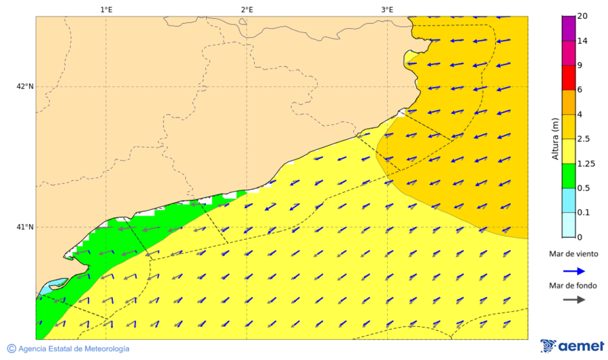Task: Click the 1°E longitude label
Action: click(x=106, y=9)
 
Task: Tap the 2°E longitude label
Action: click(x=247, y=9)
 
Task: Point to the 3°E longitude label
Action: click(x=387, y=9)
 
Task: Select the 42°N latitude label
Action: click(x=25, y=86)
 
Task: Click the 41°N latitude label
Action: click(x=25, y=227)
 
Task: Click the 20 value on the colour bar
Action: click(x=582, y=17)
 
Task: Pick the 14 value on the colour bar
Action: click(x=582, y=41)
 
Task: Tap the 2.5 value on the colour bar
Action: click(x=584, y=139)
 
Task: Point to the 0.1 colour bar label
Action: click(x=583, y=212)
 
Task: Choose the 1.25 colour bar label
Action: click(x=586, y=163)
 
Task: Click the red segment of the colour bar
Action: click(x=568, y=78)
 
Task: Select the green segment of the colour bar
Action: click(x=568, y=176)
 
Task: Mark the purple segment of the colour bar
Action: click(x=568, y=28)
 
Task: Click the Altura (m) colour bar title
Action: click(x=555, y=138)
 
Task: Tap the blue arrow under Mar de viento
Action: click(x=574, y=271)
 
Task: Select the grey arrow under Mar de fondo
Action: click(x=574, y=300)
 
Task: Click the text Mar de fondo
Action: click(x=574, y=286)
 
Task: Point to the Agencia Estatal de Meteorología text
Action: click(x=74, y=349)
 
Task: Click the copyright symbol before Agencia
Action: click(x=11, y=349)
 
